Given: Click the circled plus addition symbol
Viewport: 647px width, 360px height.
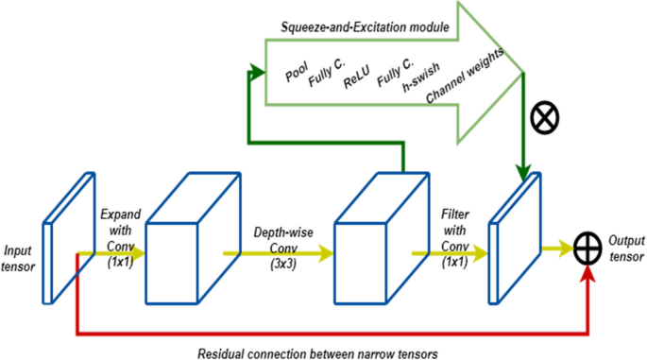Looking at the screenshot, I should [x=588, y=249].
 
